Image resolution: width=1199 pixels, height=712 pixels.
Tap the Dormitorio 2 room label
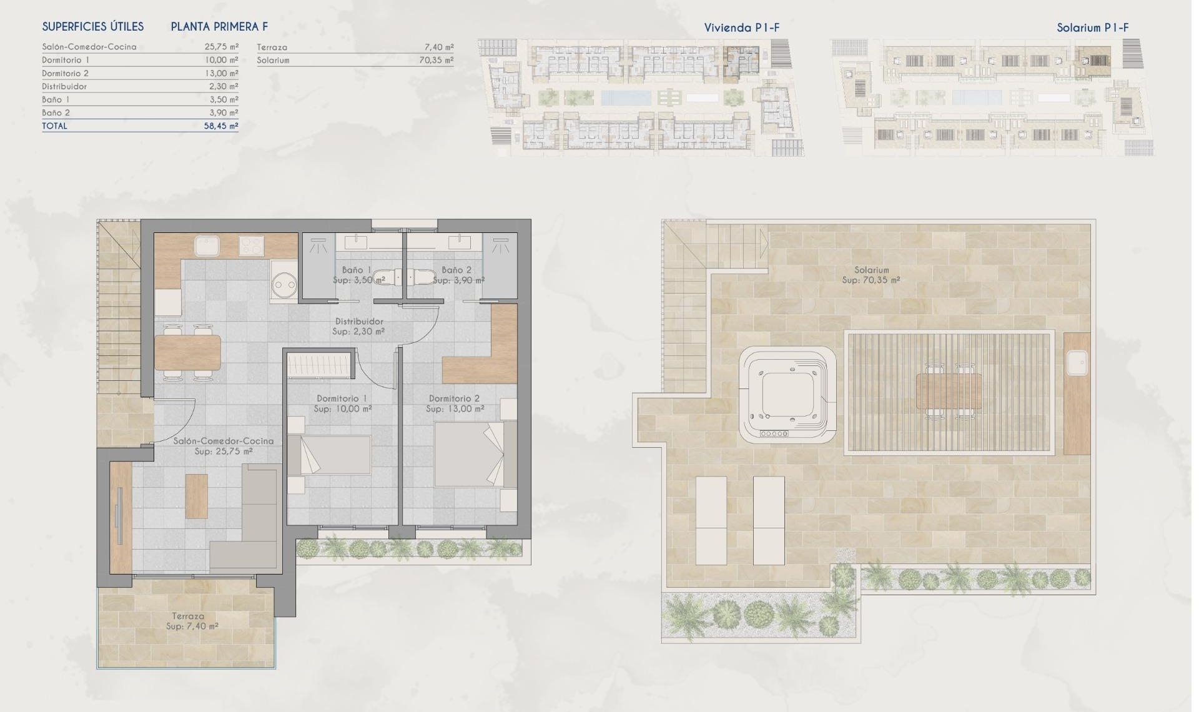[455, 398]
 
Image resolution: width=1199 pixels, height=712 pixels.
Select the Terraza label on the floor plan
[188, 616]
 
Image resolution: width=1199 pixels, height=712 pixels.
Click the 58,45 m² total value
[221, 126]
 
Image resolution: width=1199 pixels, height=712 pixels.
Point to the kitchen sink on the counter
[207, 245]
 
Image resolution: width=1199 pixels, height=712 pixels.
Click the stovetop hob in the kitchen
[252, 245]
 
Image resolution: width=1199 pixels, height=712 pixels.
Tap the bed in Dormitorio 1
[336, 455]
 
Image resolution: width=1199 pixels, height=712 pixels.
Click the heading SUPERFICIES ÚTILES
[93, 27]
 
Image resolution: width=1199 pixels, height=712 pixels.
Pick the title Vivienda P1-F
[741, 27]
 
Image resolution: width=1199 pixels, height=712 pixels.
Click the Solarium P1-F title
[1092, 27]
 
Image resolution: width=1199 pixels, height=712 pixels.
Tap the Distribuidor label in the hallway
[358, 321]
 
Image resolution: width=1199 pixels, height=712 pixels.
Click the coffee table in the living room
[197, 497]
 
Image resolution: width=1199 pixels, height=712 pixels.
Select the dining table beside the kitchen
[187, 353]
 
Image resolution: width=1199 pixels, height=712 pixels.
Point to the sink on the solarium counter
[1077, 363]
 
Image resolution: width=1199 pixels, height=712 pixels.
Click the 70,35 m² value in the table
[436, 61]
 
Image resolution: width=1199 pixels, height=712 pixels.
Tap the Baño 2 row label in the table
[56, 112]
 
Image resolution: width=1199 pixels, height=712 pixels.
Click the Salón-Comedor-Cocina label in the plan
[224, 441]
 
